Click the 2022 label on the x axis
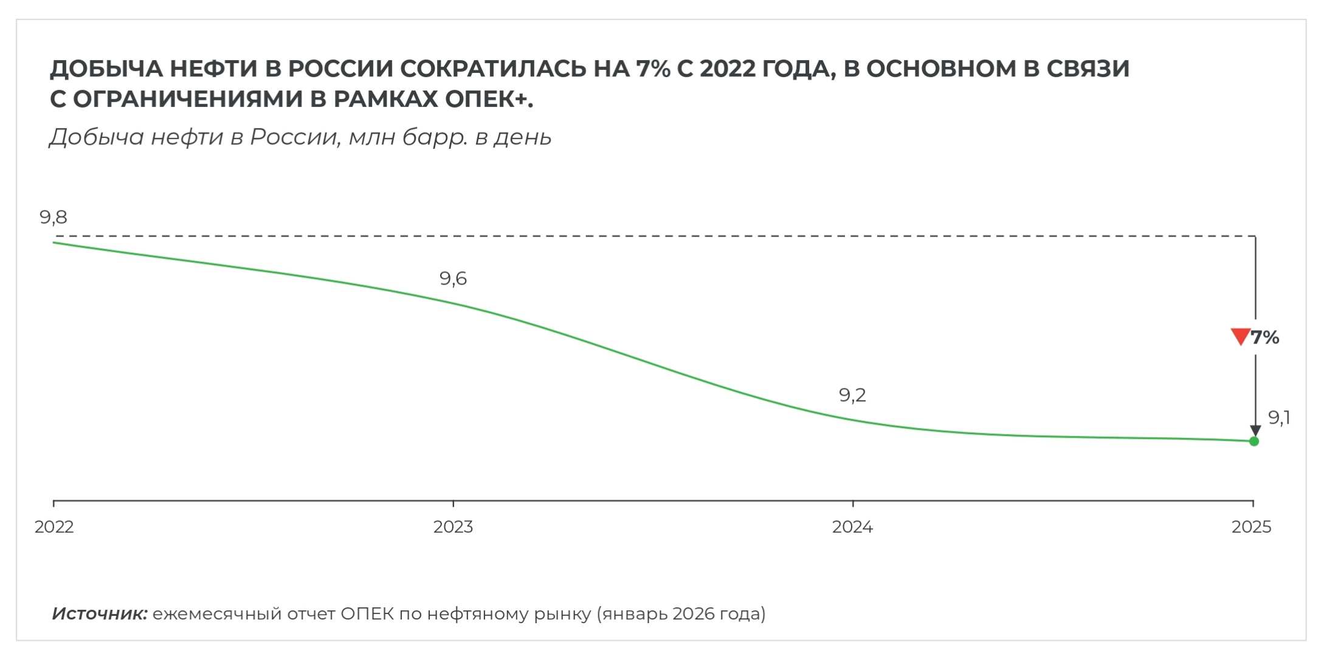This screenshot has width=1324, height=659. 54,526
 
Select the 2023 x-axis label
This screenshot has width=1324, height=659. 453,526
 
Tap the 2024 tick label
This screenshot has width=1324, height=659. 852,526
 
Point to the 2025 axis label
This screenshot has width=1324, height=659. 1251,526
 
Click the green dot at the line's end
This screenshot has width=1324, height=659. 1254,441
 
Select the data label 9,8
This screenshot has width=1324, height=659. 53,217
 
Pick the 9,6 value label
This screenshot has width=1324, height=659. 453,278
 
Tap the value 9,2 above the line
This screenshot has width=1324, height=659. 852,395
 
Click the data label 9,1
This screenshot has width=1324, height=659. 1279,418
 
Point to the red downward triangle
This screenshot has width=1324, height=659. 1240,336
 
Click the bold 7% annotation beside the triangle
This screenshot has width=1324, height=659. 1265,337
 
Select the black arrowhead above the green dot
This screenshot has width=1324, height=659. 1255,430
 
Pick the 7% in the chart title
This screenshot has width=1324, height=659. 653,69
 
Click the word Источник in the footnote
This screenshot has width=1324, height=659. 100,614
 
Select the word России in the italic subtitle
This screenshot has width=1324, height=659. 294,137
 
